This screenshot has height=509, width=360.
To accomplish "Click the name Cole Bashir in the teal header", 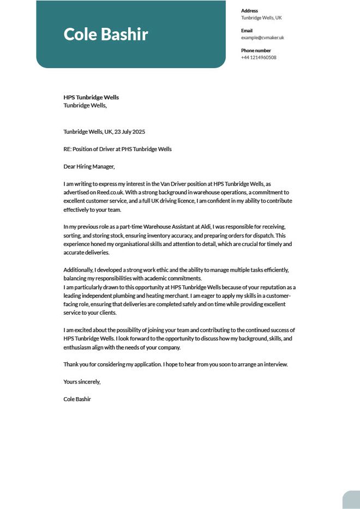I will (106, 34).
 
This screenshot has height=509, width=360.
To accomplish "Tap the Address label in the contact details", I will (249, 11).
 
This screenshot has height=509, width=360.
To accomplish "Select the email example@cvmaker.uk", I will (262, 38).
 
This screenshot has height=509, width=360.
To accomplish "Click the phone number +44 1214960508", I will (259, 57).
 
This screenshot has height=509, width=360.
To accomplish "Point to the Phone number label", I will (255, 50).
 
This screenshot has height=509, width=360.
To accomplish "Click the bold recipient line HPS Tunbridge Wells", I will (91, 98).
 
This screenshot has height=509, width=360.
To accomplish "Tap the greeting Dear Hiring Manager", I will (89, 166).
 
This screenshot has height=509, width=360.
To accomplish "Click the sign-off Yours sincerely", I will (82, 382).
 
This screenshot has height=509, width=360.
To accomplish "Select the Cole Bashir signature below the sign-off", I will (77, 399).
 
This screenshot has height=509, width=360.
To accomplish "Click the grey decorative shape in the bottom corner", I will (351, 500).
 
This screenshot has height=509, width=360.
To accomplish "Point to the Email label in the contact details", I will (247, 31).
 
